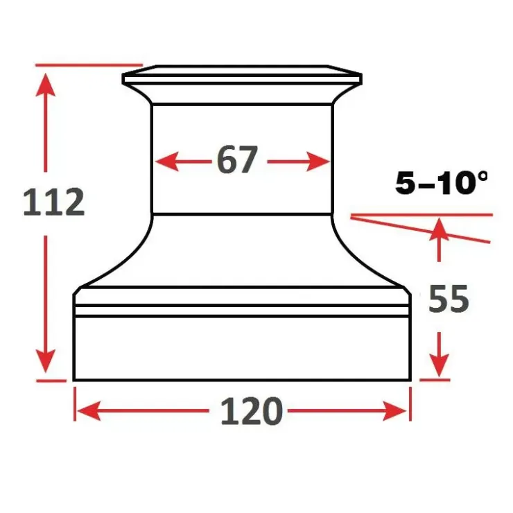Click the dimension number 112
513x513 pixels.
coord(54,202)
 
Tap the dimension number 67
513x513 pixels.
coord(238,159)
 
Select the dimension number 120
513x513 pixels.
coord(251,410)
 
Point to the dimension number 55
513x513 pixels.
coord(449,299)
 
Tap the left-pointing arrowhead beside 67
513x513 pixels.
coord(167,162)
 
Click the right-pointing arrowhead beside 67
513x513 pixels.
coord(318,162)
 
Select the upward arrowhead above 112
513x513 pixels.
coord(46,85)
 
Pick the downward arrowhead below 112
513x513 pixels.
coord(46,361)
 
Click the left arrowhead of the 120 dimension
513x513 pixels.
coord(88,411)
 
